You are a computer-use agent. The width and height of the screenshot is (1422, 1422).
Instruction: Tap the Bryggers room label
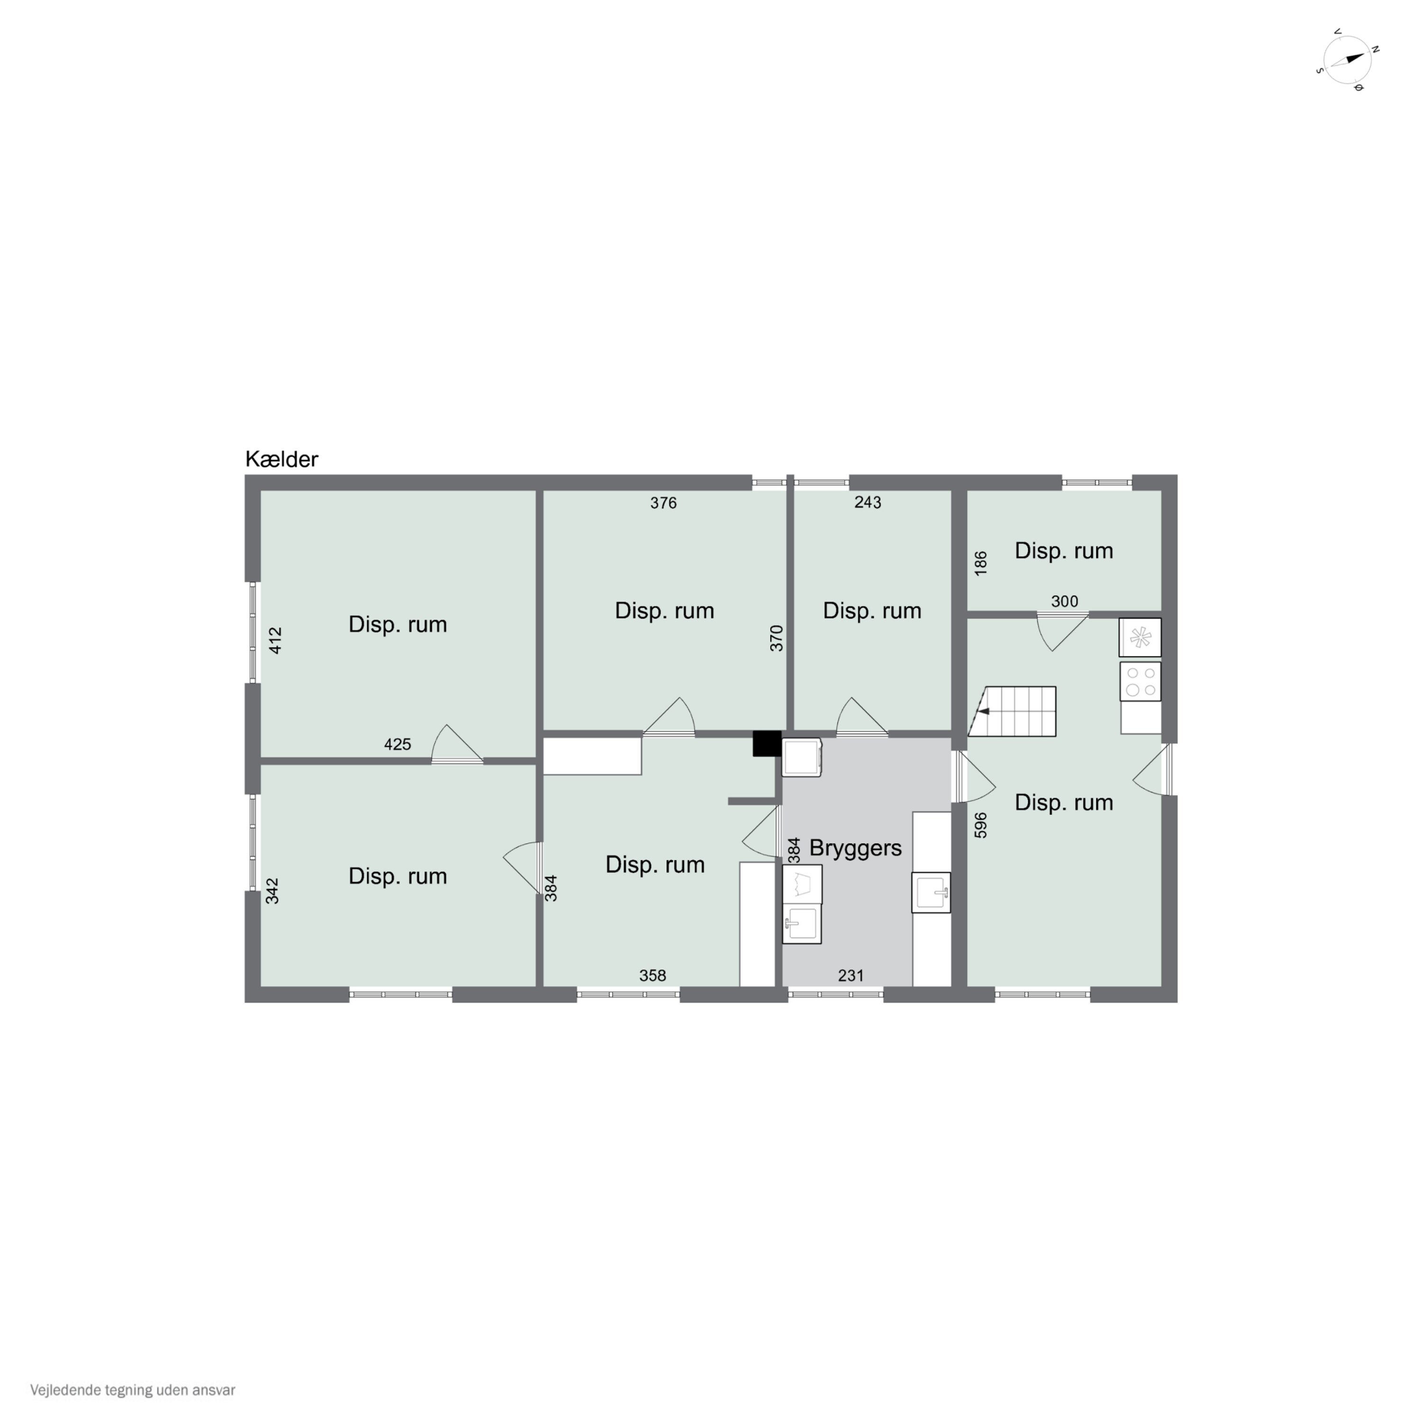[855, 848]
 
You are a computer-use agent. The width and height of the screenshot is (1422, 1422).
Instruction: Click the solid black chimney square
[766, 743]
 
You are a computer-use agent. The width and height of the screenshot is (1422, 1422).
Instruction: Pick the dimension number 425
[398, 744]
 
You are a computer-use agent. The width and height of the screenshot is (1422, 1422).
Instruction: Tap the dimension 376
[663, 503]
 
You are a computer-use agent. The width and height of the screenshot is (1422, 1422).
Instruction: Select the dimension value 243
[868, 502]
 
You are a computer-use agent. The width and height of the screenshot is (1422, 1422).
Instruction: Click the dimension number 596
[980, 825]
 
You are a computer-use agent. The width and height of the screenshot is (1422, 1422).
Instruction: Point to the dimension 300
[1064, 602]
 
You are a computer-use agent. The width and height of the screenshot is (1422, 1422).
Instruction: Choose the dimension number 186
[980, 563]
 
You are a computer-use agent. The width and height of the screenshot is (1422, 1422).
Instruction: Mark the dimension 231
[851, 975]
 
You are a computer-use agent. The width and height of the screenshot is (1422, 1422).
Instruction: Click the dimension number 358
[652, 975]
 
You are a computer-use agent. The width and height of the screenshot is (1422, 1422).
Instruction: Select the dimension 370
[776, 638]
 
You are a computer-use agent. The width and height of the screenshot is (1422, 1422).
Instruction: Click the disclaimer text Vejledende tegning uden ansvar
[133, 1390]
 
